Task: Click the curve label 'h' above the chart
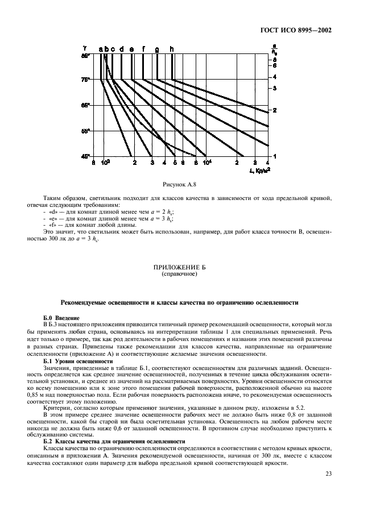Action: [x=172, y=49]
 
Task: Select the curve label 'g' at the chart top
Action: [x=157, y=49]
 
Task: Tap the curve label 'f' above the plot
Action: [x=143, y=49]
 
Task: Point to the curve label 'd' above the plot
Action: [x=122, y=49]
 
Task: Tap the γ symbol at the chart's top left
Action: [x=84, y=49]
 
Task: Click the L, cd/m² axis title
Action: [x=259, y=169]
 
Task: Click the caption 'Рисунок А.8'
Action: [x=187, y=184]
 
